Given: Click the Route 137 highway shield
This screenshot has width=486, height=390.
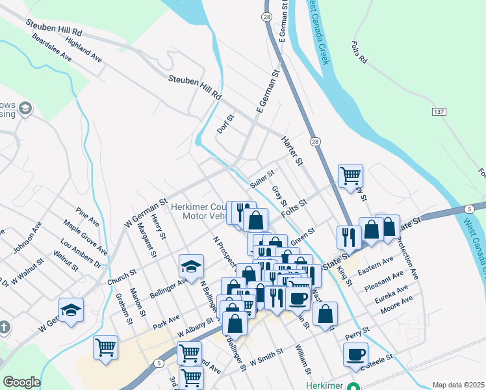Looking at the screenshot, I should (439, 112).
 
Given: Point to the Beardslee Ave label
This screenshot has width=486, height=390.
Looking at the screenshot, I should (51, 50).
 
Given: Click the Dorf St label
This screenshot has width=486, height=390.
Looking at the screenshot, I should (225, 125).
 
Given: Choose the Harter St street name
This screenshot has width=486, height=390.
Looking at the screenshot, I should (292, 149).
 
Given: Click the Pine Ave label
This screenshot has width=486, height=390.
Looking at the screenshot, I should (86, 216).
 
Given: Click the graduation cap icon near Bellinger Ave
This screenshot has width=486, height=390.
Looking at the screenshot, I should (191, 266).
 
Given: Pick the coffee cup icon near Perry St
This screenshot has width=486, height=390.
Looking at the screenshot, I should (355, 354).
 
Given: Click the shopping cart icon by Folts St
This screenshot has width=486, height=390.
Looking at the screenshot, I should (350, 175).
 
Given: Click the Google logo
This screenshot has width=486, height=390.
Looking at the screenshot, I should (21, 382).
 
